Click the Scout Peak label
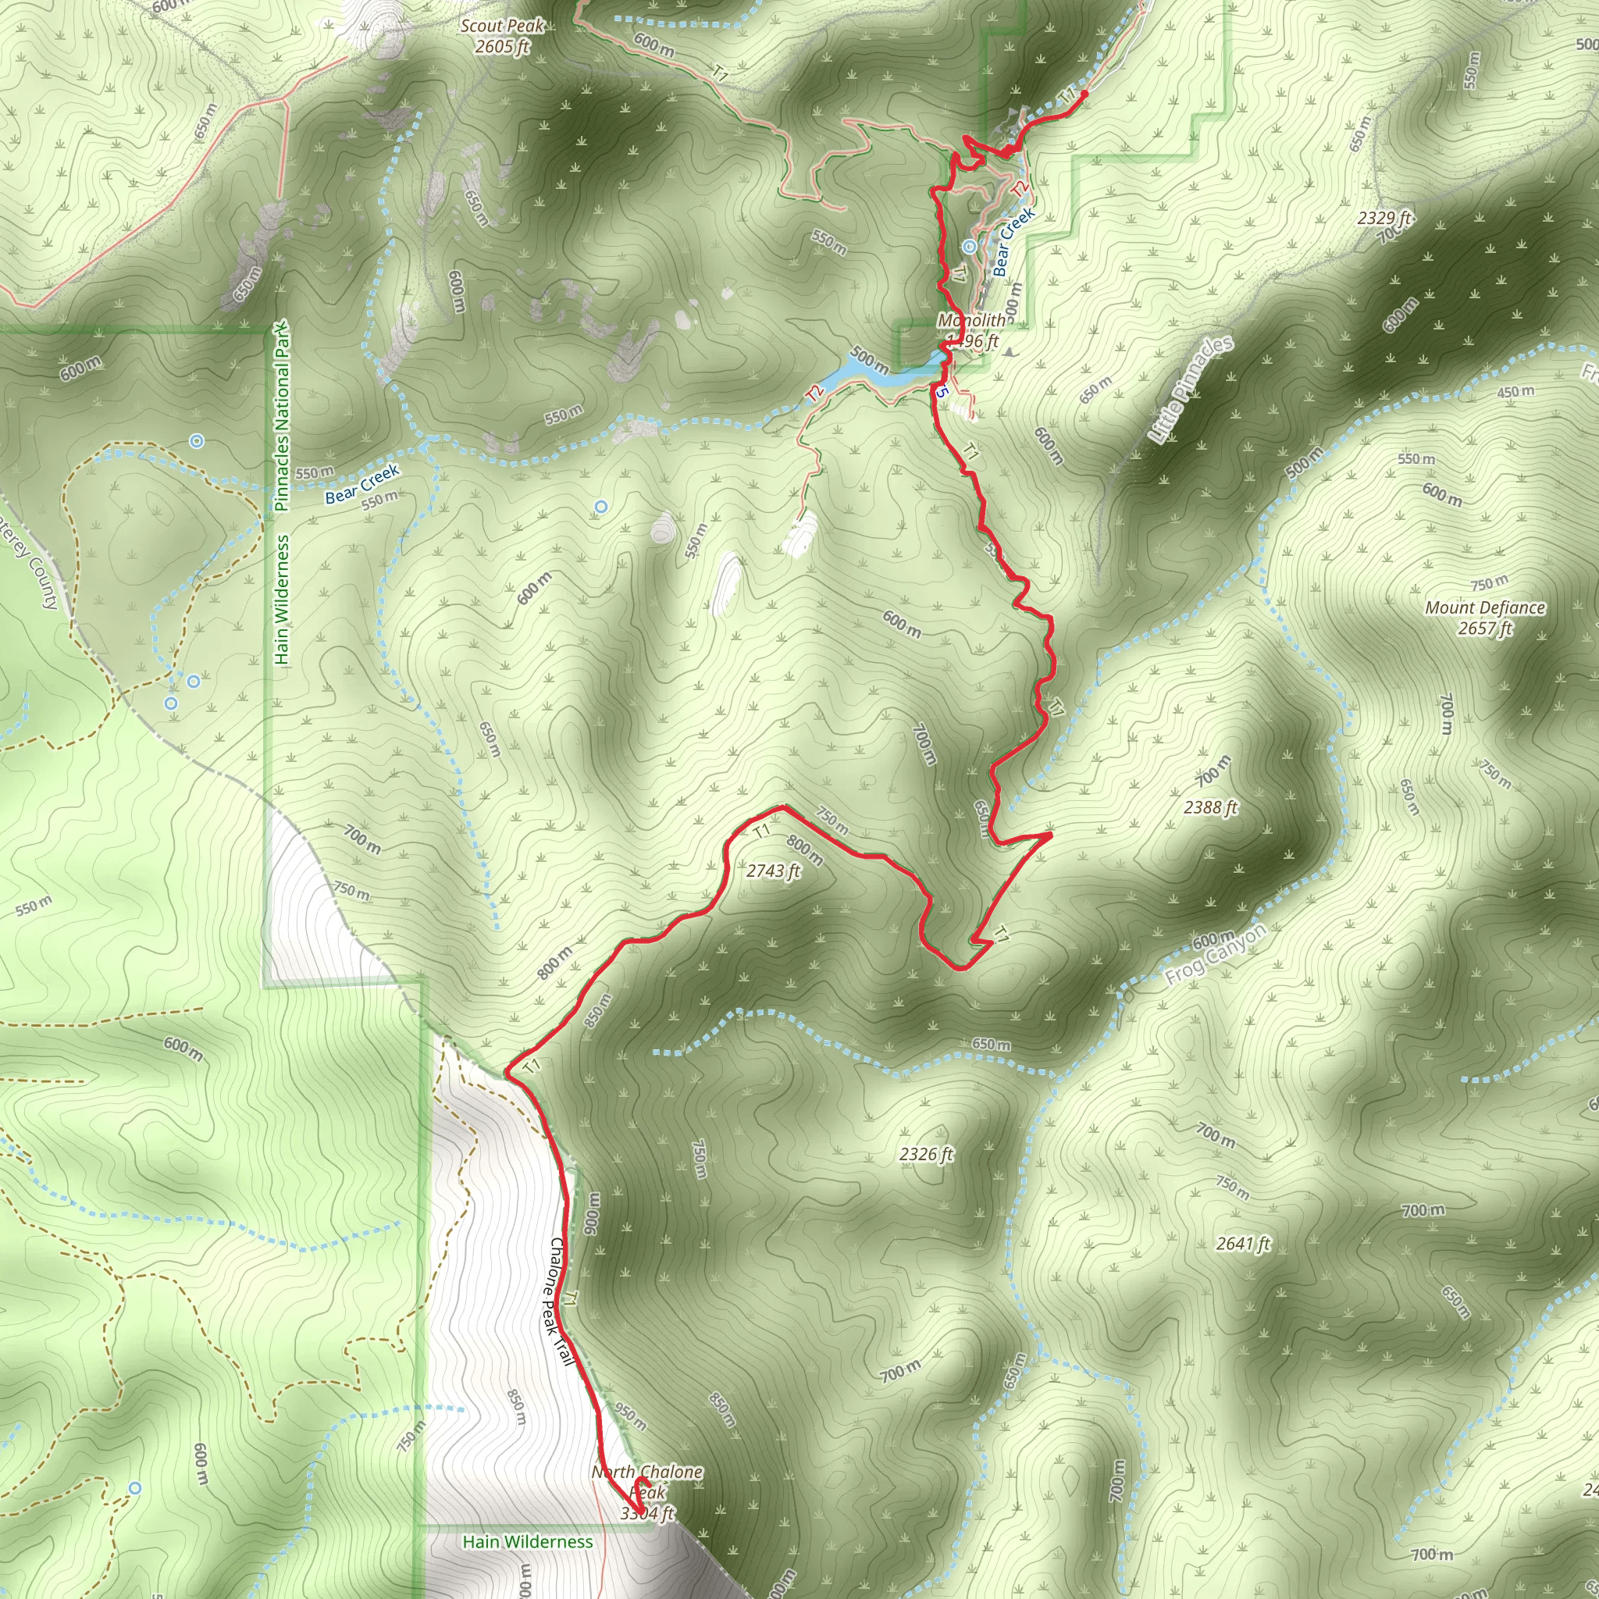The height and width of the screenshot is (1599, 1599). [502, 26]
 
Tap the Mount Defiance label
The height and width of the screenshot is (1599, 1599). [1485, 607]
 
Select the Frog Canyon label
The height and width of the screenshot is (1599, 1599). [1216, 954]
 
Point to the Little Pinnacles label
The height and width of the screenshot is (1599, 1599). [1191, 389]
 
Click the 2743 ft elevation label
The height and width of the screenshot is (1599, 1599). [773, 871]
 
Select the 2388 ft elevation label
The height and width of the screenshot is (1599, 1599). [1210, 807]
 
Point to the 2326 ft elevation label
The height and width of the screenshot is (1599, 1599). [926, 1154]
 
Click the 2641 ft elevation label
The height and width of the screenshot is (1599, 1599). [1242, 1243]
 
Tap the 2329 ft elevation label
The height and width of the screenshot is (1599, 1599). [1384, 218]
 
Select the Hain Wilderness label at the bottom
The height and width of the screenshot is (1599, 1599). [527, 1542]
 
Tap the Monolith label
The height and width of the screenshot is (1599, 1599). [971, 320]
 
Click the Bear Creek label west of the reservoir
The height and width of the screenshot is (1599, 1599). [362, 483]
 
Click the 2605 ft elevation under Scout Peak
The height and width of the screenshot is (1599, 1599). [501, 46]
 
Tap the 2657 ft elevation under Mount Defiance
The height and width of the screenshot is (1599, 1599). [1485, 629]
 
